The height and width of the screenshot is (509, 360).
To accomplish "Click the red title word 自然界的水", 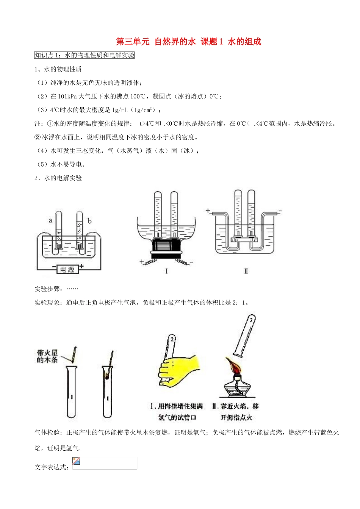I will click(x=175, y=42).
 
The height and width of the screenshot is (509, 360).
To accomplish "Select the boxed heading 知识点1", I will click(x=85, y=55).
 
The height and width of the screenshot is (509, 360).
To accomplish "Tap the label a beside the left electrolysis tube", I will click(x=50, y=220).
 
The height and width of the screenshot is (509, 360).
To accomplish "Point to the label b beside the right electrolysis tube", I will click(x=89, y=221).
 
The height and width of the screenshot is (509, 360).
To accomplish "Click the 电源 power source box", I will click(x=67, y=269).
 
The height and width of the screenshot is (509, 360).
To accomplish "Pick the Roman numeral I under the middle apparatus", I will click(x=166, y=271).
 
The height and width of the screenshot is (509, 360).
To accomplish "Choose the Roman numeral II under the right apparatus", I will click(x=246, y=271).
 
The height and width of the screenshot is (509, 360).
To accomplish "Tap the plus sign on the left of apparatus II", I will click(x=208, y=211).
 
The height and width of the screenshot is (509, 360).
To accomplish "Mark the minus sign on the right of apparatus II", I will click(x=280, y=211).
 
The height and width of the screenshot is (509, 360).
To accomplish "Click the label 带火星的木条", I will click(x=47, y=356).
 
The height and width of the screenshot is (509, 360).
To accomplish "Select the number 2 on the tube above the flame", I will click(x=250, y=320).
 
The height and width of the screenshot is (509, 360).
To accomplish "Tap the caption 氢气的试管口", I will click(x=177, y=417).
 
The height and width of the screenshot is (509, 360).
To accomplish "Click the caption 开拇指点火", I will click(x=236, y=417).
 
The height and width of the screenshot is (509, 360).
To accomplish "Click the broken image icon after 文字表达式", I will click(x=76, y=461).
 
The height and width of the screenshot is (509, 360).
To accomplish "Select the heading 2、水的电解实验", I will click(x=58, y=178).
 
